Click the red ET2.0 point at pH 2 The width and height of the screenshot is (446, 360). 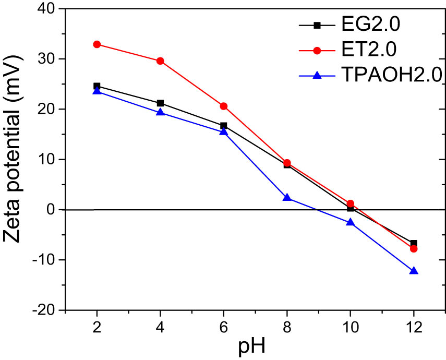coord(97,44)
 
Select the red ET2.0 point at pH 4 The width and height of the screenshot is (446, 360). coord(160,61)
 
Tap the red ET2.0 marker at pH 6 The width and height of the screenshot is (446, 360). coord(224,106)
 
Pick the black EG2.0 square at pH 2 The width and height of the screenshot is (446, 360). coord(97,86)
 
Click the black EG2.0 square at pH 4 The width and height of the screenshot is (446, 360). coord(160,103)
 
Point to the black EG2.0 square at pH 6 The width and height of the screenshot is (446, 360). coord(224,126)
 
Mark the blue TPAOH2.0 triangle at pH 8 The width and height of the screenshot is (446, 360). coord(287,198)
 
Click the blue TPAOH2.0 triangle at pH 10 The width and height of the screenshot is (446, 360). coord(351,222)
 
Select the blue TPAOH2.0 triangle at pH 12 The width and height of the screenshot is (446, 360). coord(414,271)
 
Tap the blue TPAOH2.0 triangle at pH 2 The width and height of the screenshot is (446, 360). coord(97,92)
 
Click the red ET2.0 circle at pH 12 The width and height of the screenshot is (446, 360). coord(414,249)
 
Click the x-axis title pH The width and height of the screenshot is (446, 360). coord(256,346)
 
